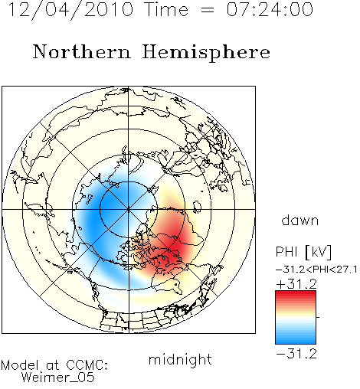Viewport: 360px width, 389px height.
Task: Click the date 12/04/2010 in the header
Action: tap(70, 10)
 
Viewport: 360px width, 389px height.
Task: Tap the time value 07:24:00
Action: tap(270, 9)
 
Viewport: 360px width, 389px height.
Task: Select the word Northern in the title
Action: tap(82, 51)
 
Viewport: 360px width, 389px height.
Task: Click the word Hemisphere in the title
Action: tap(206, 53)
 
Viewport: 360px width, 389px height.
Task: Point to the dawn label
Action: tap(300, 220)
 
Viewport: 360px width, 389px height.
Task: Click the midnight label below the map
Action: tap(180, 359)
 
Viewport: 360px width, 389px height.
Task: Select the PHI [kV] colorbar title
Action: tap(303, 252)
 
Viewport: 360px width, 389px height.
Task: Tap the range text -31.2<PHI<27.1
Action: tap(316, 270)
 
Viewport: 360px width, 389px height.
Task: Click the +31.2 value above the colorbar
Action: tap(296, 284)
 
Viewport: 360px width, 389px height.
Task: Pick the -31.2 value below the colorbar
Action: tap(296, 354)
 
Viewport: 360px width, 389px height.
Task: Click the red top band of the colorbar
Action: tap(296, 294)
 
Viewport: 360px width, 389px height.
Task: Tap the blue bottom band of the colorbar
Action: tap(296, 340)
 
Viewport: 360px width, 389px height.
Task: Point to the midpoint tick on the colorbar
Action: tap(318, 317)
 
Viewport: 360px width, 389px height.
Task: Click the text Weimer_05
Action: tap(58, 377)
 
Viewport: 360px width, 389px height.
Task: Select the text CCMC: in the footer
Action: tap(87, 365)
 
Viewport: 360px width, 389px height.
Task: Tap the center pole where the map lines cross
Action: tap(129, 209)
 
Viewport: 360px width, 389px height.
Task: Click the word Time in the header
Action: tap(166, 9)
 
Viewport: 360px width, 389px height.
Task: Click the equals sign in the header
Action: tap(208, 10)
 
